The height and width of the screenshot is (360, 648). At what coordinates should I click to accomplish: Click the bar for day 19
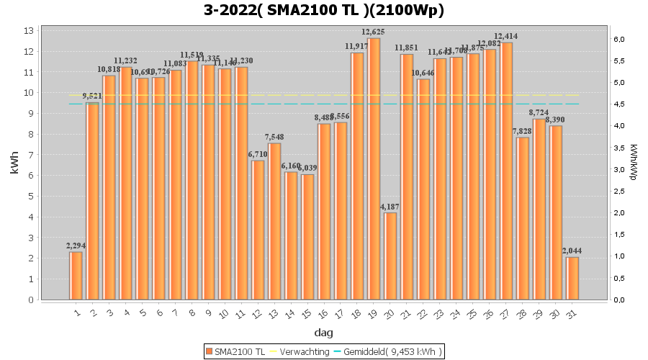(374, 168)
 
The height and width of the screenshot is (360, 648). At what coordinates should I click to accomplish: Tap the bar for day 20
(390, 256)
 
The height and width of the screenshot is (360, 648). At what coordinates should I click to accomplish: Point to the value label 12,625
(374, 32)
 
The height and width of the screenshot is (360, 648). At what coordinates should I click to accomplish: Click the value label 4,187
(390, 207)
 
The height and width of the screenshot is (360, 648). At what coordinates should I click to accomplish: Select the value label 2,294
(76, 246)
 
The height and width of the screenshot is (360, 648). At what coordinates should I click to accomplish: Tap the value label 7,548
(274, 138)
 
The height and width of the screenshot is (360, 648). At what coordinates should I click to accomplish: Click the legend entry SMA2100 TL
(235, 351)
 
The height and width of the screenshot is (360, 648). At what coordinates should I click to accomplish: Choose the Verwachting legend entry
(300, 351)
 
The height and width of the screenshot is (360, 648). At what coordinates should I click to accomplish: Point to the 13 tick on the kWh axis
(30, 31)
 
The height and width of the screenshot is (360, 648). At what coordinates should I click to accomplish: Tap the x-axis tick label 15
(307, 313)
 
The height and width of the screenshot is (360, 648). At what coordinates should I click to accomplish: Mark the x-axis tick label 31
(572, 313)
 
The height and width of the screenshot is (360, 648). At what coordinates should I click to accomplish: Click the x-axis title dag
(323, 333)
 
